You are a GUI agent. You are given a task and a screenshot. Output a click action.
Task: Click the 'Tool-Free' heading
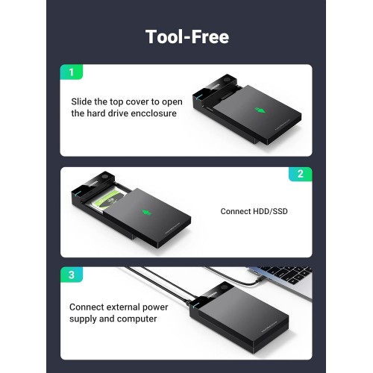coord(187,37)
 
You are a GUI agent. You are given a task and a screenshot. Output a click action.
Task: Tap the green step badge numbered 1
coord(72,72)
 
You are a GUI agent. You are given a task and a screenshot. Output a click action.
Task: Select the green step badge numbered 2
coord(301,174)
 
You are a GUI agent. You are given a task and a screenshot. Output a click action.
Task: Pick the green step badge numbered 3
coord(72,275)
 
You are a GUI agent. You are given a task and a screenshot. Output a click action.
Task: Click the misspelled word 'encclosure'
coord(154,113)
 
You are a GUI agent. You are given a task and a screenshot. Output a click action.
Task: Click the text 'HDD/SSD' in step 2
coord(270,211)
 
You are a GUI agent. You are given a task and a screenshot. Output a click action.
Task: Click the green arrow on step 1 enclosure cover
coord(260,110)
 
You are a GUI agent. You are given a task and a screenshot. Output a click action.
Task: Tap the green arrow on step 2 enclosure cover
coord(147,213)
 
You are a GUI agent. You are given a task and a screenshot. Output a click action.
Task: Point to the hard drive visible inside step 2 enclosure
coord(106,199)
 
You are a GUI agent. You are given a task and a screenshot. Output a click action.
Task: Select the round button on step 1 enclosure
coord(228,81)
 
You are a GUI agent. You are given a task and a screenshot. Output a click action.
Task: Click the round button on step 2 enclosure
coord(105,177)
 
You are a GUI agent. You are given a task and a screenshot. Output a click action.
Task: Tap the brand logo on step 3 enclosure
coord(211,294)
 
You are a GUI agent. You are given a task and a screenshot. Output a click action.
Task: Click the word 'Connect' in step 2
coord(236,211)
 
